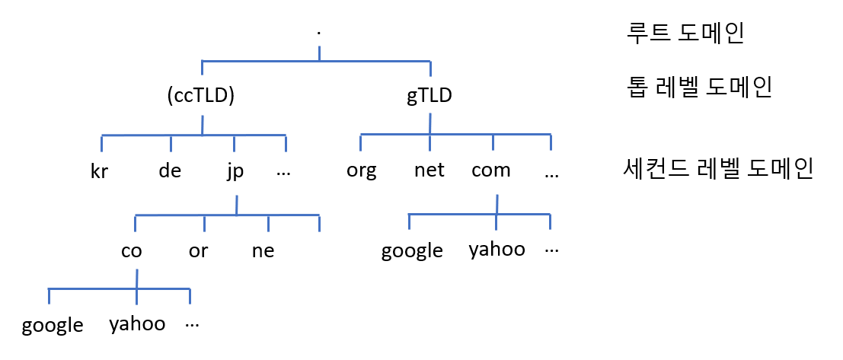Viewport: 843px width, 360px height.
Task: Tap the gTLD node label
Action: click(429, 97)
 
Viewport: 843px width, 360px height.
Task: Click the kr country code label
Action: click(99, 171)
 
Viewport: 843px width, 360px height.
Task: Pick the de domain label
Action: click(170, 170)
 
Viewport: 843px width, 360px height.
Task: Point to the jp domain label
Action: click(235, 171)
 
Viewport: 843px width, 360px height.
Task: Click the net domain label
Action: click(429, 170)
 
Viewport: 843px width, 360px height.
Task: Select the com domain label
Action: click(490, 170)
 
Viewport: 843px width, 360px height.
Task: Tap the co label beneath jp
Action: click(132, 251)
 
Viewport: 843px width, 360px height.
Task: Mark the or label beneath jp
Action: click(198, 251)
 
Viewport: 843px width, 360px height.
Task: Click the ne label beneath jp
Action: click(263, 251)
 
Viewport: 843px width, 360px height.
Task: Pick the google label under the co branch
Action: click(53, 326)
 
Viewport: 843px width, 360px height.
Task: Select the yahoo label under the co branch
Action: click(137, 324)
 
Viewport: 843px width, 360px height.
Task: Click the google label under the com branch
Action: click(412, 251)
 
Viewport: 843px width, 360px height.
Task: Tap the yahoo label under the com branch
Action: click(497, 250)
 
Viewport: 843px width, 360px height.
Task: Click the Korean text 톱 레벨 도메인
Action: click(698, 88)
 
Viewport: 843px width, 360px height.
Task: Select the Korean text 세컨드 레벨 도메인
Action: click(717, 168)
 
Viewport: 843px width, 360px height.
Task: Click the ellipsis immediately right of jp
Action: click(284, 171)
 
